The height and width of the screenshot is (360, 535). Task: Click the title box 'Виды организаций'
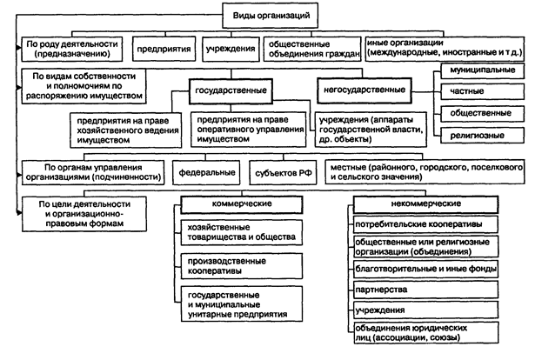[x=270, y=16]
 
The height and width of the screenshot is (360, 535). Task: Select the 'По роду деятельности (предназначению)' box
[x=72, y=49]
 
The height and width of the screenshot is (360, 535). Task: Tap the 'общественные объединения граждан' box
[x=312, y=49]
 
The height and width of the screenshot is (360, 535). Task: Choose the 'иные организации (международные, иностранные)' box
[x=445, y=49]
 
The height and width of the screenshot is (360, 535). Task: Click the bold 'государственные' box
[x=231, y=91]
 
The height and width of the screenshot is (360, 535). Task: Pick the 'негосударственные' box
[x=364, y=90]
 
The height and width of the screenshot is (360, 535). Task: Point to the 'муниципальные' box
[x=482, y=71]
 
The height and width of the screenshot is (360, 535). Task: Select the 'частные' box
[x=482, y=91]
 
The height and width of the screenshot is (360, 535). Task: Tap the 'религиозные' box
[x=482, y=136]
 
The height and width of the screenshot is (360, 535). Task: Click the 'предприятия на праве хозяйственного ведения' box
[x=125, y=130]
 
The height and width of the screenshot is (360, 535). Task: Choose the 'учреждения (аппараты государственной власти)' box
[x=371, y=130]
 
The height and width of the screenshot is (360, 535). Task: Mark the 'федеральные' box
[x=206, y=172]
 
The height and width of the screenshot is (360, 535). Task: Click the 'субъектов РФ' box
[x=284, y=172]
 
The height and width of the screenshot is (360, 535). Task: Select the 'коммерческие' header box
[x=242, y=204]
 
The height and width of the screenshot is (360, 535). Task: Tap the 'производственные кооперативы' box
[x=242, y=266]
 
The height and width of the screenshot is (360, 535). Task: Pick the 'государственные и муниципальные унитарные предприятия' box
[x=242, y=304]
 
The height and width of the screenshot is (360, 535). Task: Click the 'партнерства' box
[x=425, y=290]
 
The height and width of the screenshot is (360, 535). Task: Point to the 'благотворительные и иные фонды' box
[x=425, y=269]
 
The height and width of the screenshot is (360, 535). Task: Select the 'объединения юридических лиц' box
[x=425, y=333]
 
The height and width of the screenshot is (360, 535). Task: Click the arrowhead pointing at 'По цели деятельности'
[x=19, y=213]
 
